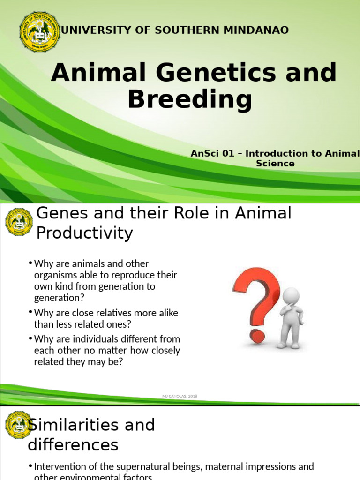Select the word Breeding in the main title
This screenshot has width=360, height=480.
coord(190,99)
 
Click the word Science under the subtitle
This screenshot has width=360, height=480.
coord(275,164)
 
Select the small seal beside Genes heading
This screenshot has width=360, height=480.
coord(19,222)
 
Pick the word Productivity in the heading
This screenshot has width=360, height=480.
coord(85,233)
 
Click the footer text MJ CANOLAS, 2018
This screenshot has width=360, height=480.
coord(180,396)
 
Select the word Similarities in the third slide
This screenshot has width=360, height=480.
coord(91,425)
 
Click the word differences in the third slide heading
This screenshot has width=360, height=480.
coord(73,444)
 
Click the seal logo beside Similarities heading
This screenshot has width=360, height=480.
coord(19,425)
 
